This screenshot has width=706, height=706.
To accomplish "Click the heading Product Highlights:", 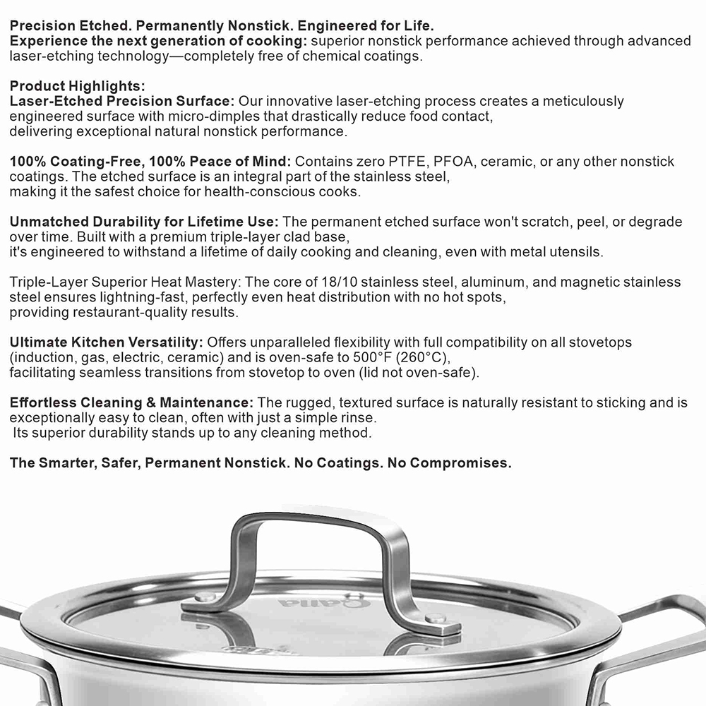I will [x=77, y=86].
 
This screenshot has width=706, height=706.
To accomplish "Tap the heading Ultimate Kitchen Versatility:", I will [x=107, y=342].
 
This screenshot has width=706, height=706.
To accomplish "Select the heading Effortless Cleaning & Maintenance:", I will [x=131, y=402].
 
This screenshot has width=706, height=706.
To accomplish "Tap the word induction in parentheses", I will [x=43, y=357].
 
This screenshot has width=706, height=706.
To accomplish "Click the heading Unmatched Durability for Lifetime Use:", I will [x=144, y=222].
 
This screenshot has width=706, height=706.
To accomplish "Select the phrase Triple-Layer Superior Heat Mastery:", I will [x=114, y=282].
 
